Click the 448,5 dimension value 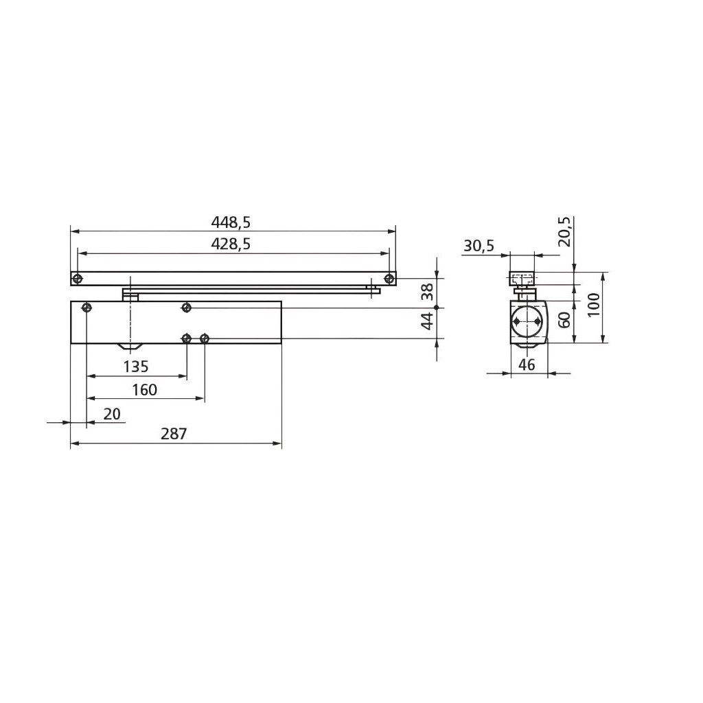pyautogui.click(x=231, y=222)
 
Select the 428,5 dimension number pyautogui.click(x=231, y=244)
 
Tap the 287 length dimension pyautogui.click(x=174, y=434)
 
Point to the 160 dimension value pyautogui.click(x=144, y=390)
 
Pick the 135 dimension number pyautogui.click(x=136, y=367)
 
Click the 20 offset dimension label pyautogui.click(x=112, y=414)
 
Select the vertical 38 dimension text pyautogui.click(x=428, y=292)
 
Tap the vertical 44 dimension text pyautogui.click(x=428, y=321)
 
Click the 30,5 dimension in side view pyautogui.click(x=479, y=246)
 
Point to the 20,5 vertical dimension pyautogui.click(x=565, y=232)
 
